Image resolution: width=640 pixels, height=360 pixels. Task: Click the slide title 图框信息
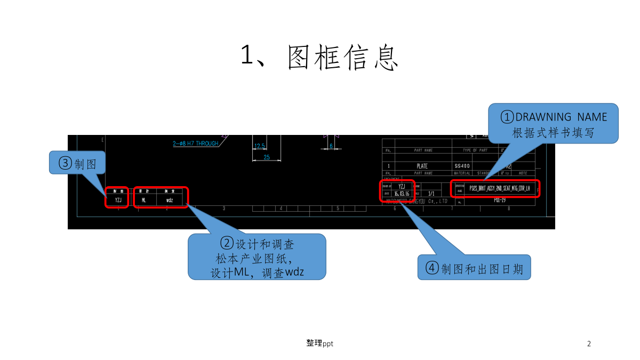[319, 57]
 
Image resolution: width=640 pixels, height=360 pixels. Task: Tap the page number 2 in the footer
[589, 343]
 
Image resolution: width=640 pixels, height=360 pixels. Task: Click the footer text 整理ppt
[319, 343]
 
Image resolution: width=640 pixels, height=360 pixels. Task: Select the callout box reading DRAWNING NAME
[553, 124]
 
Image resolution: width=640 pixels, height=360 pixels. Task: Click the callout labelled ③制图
[77, 163]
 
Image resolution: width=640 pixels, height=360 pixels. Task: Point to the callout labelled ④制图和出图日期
[474, 268]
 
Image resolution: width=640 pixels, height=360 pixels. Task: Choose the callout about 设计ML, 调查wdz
[257, 257]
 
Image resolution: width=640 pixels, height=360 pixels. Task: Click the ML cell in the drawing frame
[143, 201]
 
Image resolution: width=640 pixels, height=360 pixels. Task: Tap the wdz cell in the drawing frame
[170, 201]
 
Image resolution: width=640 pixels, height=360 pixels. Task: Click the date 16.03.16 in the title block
[402, 194]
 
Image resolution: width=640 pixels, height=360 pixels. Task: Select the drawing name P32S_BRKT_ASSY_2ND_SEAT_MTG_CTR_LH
[500, 189]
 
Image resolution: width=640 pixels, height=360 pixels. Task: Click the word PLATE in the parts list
[422, 166]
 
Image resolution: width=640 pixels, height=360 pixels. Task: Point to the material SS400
[462, 166]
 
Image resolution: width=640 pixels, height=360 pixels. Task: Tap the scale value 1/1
[431, 194]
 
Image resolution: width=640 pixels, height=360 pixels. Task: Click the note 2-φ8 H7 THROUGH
[196, 143]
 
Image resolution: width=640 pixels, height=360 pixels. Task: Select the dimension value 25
[267, 157]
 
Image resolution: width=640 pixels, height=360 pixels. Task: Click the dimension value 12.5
[260, 146]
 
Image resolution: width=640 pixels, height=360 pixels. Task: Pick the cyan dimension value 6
[331, 146]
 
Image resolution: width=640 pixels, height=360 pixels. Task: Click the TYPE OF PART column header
[475, 150]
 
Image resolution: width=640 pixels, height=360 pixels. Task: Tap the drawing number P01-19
[500, 200]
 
